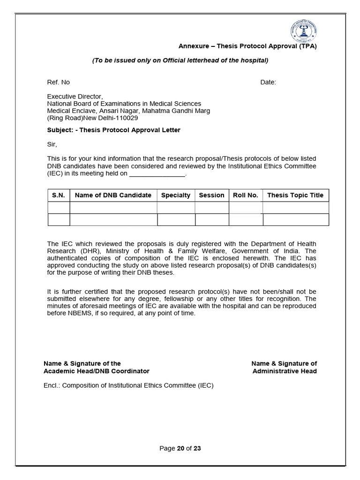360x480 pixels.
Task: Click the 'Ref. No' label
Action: [58, 82]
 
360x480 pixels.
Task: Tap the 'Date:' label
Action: [268, 82]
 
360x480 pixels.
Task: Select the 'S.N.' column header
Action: [59, 195]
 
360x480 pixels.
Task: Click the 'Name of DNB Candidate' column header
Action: [113, 195]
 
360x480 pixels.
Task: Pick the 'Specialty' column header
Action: [176, 195]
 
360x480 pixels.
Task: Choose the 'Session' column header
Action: [211, 195]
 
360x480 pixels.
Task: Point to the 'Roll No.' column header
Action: [246, 195]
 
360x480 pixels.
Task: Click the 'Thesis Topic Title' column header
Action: [295, 195]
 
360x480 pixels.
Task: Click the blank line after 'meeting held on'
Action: [157, 173]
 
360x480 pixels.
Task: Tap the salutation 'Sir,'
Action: [52, 144]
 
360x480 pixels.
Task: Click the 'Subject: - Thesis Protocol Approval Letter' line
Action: [113, 130]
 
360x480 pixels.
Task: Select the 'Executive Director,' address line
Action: [75, 97]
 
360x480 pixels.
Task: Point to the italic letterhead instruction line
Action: [180, 60]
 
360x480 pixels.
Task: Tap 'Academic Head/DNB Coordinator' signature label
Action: [97, 371]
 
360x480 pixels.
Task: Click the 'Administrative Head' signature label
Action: [285, 371]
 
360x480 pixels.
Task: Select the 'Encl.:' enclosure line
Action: [128, 386]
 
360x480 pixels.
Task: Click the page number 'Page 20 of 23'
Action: [180, 448]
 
